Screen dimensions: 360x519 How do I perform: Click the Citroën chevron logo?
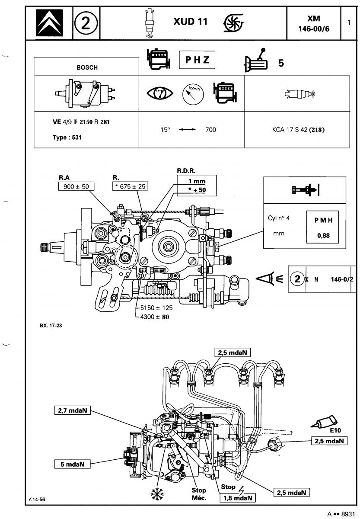tap(49, 22)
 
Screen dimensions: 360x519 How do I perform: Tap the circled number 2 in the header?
tap(86, 23)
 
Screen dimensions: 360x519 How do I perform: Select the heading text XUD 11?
tap(190, 22)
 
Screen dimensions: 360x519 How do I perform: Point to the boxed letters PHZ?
tap(197, 60)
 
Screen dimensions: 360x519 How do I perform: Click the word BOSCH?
tap(87, 67)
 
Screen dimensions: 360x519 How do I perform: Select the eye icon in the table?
tap(160, 93)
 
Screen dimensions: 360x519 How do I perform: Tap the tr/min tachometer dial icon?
tap(193, 95)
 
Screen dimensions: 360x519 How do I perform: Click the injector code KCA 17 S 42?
tap(290, 129)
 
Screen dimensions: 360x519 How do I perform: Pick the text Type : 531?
tap(67, 138)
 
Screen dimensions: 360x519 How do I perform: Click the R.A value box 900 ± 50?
tap(76, 186)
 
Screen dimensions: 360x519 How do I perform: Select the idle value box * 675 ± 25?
tap(130, 186)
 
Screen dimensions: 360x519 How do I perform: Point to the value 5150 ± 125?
tap(156, 308)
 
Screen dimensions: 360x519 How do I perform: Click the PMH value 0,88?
tap(323, 236)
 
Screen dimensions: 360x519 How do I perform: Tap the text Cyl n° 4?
tap(278, 218)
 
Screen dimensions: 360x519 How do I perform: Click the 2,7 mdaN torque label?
tap(73, 410)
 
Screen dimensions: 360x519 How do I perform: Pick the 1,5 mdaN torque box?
tap(238, 498)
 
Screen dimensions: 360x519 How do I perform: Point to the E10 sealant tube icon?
tap(324, 422)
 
